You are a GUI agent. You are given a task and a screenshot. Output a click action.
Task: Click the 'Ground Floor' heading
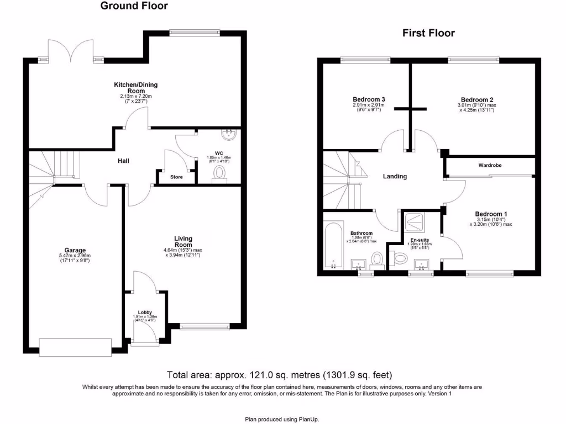click(134, 6)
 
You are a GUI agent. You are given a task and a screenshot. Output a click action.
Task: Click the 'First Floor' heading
click(428, 33)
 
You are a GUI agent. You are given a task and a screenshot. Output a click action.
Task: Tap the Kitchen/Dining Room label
click(135, 88)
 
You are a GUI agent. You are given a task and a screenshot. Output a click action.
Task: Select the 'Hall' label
click(124, 161)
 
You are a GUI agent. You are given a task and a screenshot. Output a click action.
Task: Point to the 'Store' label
click(176, 177)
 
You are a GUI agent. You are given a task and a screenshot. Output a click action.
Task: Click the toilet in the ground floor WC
click(219, 173)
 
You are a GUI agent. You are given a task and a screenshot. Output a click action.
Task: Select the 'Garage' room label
click(76, 251)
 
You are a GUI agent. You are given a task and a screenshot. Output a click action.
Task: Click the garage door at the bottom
click(75, 348)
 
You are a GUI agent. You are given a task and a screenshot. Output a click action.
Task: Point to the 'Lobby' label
click(144, 312)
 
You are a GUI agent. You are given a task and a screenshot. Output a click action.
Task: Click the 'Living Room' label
click(183, 242)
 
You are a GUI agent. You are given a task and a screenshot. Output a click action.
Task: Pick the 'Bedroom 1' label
click(491, 214)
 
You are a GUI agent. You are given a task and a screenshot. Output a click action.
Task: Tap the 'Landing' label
click(395, 177)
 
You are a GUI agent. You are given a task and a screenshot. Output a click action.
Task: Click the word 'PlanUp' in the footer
click(309, 420)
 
